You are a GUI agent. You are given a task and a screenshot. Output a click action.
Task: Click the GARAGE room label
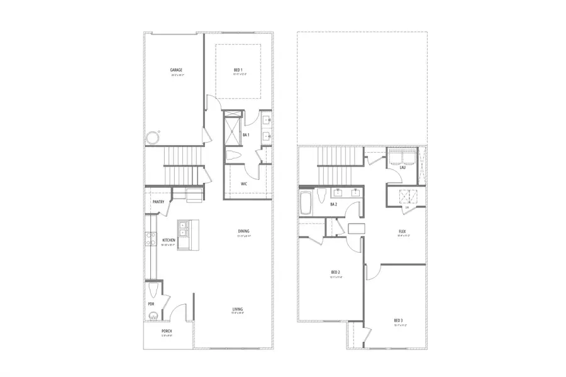click(x=176, y=70)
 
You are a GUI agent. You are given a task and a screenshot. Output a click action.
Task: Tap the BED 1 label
click(x=238, y=70)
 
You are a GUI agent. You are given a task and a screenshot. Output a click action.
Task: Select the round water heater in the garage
click(x=152, y=138)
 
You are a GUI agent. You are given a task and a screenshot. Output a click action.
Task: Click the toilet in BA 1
click(x=233, y=156)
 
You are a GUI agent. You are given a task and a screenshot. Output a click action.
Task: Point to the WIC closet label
click(x=243, y=184)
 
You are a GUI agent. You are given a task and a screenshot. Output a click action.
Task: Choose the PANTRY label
click(x=158, y=202)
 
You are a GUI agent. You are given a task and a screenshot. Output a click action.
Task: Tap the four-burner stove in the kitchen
click(x=151, y=238)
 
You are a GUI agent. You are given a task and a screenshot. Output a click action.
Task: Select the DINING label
click(x=244, y=231)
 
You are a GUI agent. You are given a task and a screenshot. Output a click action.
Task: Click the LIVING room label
click(x=238, y=309)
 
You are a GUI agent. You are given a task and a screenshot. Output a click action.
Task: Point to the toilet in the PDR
click(x=155, y=291)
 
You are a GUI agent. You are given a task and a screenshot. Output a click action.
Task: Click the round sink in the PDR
click(x=152, y=316)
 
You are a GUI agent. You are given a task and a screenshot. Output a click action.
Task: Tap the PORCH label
click(x=167, y=331)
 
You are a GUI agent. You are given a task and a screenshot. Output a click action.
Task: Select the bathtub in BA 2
click(x=307, y=202)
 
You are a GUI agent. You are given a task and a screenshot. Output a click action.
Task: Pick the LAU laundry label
click(x=402, y=167)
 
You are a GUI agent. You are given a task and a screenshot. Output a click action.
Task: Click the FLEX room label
click(x=402, y=232)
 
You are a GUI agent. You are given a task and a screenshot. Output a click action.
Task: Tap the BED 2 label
click(x=336, y=271)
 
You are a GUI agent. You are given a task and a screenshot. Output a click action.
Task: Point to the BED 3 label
click(x=399, y=319)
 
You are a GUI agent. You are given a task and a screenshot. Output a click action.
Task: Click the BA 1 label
click(x=247, y=134)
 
